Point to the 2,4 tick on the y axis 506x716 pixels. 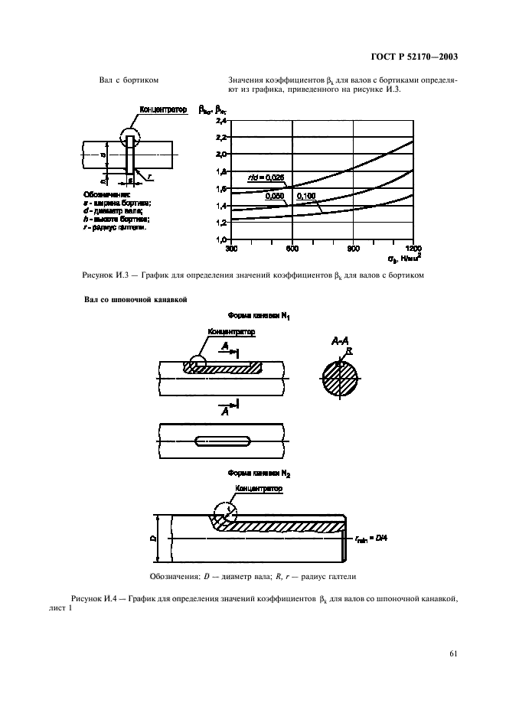[x=221, y=122]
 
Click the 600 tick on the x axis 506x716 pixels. [x=292, y=249]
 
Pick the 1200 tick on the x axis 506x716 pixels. [x=413, y=249]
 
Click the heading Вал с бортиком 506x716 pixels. [x=129, y=80]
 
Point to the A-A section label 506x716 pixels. [x=340, y=340]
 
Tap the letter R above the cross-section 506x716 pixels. [x=349, y=350]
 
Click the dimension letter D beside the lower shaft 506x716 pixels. [x=154, y=539]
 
